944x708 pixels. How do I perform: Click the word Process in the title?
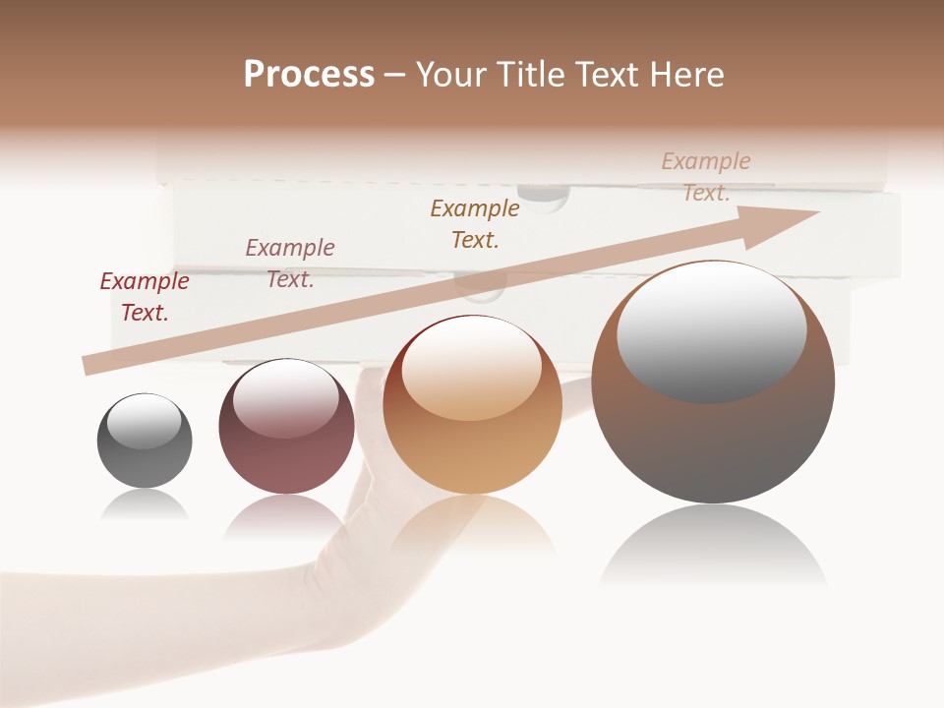click(309, 75)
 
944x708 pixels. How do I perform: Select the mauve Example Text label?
click(290, 264)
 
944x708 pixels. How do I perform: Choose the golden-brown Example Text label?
click(475, 223)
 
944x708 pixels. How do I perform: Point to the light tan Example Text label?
click(706, 177)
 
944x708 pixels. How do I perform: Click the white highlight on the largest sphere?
click(711, 330)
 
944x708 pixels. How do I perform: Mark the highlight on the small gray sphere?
click(144, 421)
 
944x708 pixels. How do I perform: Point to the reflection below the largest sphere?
click(713, 551)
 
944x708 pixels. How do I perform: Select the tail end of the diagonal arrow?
click(91, 366)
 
